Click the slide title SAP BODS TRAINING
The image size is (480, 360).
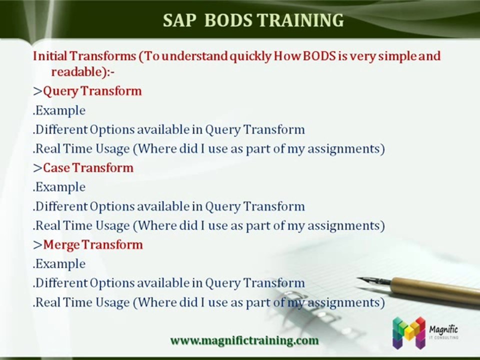point(253,20)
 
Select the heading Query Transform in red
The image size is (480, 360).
point(92,91)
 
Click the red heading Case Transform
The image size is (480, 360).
point(88,168)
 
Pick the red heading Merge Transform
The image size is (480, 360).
point(93,244)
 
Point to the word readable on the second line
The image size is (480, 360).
point(76,72)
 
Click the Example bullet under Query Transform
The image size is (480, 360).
point(59,110)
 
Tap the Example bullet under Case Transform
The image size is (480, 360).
point(59,187)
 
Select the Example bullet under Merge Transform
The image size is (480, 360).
point(59,264)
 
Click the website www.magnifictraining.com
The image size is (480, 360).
point(244,340)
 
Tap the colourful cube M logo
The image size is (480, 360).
point(409,333)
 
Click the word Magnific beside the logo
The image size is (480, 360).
point(443,329)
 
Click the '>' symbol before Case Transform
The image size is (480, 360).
point(37,168)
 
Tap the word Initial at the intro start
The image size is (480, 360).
point(50,56)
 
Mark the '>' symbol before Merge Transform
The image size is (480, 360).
point(37,245)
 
